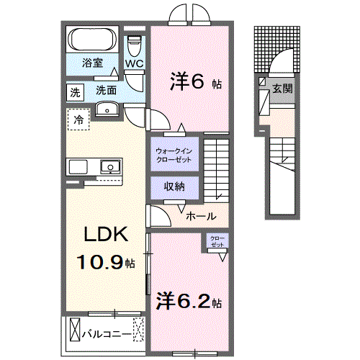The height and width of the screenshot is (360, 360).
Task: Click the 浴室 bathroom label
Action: (x=91, y=63)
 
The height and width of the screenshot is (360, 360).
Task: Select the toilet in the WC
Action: (x=135, y=45)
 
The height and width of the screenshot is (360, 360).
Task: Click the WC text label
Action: (x=135, y=63)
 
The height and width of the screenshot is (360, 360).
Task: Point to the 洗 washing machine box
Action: (x=76, y=91)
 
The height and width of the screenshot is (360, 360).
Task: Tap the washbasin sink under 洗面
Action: (x=106, y=109)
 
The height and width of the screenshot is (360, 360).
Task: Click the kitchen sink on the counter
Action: (x=109, y=167)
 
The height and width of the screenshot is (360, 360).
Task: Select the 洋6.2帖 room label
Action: (x=189, y=301)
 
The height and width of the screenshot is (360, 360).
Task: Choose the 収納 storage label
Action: (x=173, y=187)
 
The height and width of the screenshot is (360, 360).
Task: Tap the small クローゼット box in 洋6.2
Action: (x=217, y=242)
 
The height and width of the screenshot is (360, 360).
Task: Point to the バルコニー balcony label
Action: (x=106, y=334)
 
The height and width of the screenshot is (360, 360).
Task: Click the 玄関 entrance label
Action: (x=281, y=88)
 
